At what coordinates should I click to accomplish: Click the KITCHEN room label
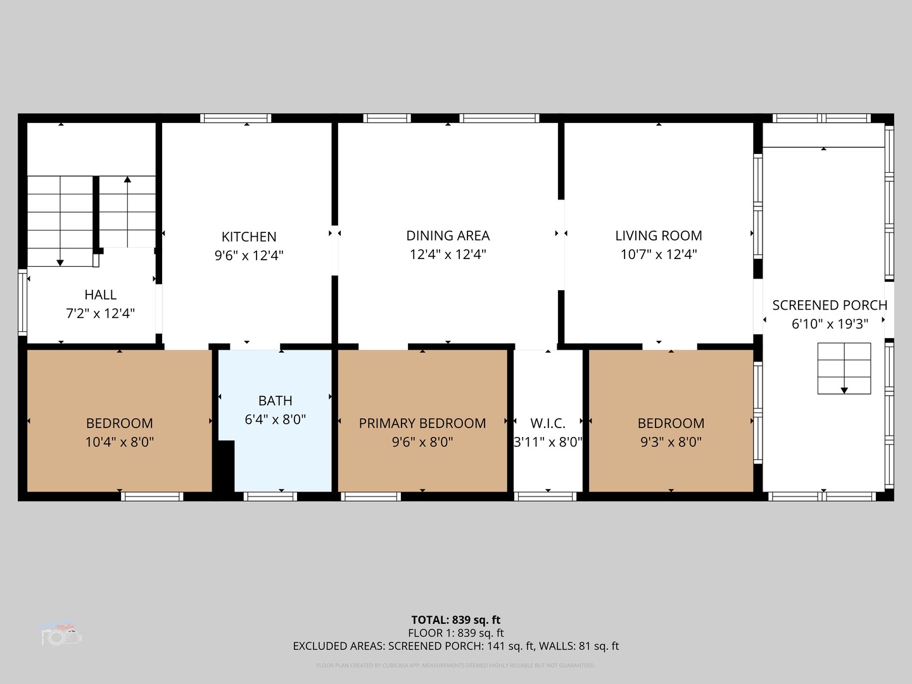[249, 237]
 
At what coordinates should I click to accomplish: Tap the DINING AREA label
[448, 236]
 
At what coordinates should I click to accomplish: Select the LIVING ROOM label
[659, 236]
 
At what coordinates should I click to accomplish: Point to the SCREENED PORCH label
[830, 305]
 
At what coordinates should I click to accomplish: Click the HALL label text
[101, 294]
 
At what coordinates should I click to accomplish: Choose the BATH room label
[275, 401]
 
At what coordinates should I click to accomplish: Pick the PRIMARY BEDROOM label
[422, 423]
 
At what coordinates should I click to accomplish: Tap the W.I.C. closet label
[548, 423]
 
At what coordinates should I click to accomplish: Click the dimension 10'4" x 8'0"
[120, 442]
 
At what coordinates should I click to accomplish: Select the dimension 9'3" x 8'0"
[671, 442]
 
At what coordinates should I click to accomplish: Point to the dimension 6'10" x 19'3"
[830, 324]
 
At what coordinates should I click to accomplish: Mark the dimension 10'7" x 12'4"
[659, 255]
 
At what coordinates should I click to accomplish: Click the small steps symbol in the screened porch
[844, 368]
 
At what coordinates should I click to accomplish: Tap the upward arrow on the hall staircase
[127, 180]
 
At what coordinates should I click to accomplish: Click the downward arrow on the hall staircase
[60, 261]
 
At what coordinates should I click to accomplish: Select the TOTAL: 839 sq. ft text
[456, 620]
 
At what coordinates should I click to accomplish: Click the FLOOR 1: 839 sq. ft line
[456, 633]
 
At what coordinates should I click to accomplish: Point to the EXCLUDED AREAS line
[456, 646]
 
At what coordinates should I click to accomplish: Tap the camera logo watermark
[61, 635]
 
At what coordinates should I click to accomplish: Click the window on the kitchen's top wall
[236, 118]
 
